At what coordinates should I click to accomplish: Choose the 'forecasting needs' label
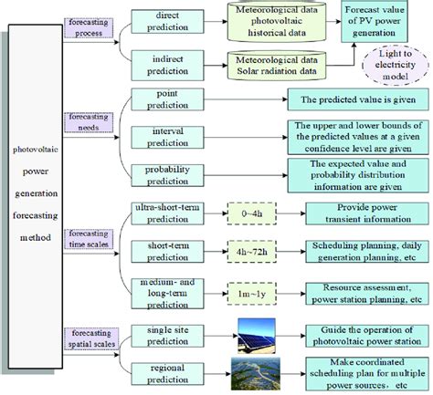click(x=87, y=121)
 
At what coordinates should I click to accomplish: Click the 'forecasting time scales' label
click(x=87, y=239)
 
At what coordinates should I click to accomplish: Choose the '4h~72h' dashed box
click(x=250, y=249)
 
